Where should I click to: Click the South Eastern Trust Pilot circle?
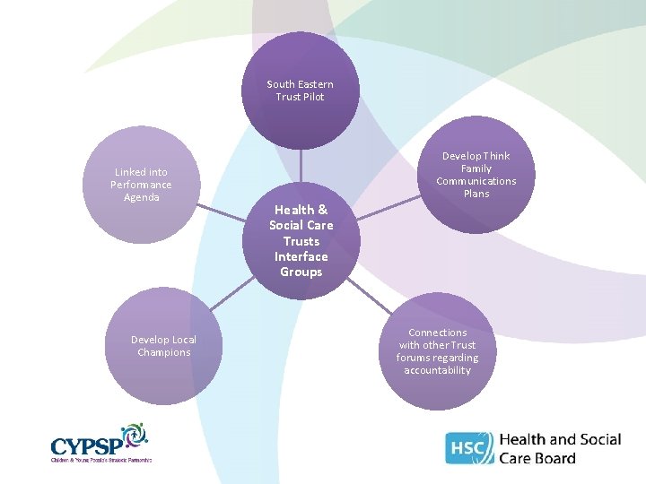[x=301, y=90]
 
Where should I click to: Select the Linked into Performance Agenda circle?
[x=141, y=185]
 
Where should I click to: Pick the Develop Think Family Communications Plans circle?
[x=476, y=175]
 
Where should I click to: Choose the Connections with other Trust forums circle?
[x=438, y=351]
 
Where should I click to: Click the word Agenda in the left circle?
[x=141, y=197]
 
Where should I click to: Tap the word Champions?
[x=164, y=352]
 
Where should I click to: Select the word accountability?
[x=438, y=370]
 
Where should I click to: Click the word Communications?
[x=476, y=181]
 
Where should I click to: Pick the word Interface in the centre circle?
[x=301, y=256]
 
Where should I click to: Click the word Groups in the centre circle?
[x=301, y=272]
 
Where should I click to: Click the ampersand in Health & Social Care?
[x=321, y=210]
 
